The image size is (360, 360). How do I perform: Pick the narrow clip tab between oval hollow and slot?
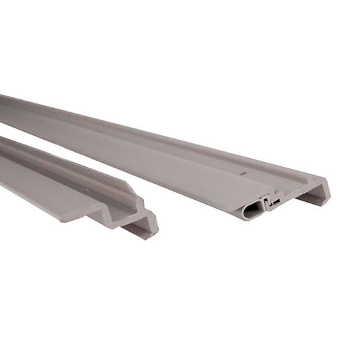click(267, 203)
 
